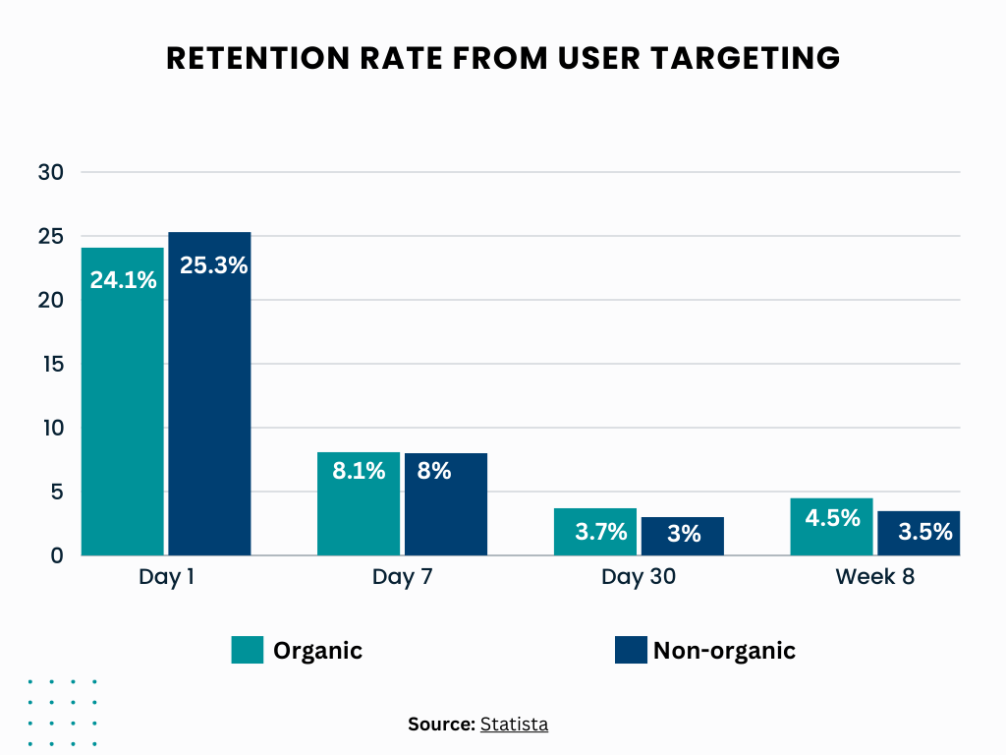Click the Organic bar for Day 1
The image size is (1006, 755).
[123, 413]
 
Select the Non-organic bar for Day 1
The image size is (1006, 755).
[209, 413]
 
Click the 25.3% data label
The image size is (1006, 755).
[213, 265]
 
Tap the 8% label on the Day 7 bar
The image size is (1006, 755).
[433, 471]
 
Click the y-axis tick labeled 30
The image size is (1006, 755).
[50, 172]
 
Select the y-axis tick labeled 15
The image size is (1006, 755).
[50, 364]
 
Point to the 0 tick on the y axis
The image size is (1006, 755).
[57, 555]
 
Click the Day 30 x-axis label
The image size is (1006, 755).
[639, 577]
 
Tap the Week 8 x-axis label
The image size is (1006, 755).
[874, 577]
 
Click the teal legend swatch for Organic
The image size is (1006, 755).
[248, 650]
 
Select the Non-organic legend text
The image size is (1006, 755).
[724, 650]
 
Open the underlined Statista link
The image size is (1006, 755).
[514, 725]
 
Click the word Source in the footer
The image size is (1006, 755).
[440, 725]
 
